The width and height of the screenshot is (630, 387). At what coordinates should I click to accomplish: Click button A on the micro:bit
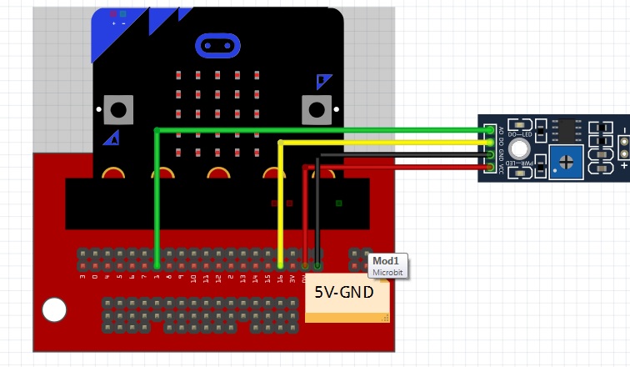118,108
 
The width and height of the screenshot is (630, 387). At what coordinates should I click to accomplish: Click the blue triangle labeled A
112,138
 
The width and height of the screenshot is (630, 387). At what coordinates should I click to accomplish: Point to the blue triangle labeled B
323,81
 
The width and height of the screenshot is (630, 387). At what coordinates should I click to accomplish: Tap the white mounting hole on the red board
54,310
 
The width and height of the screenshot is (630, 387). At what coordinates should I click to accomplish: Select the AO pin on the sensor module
489,130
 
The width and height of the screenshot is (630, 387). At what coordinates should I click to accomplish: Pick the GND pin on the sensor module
489,155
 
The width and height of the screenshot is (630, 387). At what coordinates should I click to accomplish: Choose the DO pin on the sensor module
489,143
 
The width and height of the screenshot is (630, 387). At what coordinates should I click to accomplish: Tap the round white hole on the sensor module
520,149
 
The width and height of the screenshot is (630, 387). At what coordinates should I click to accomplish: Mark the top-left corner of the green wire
157,130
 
